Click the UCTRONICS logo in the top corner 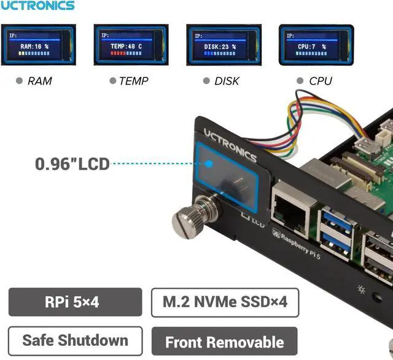coord(37,6)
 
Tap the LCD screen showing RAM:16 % coord(38,45)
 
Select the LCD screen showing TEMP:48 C coord(131,45)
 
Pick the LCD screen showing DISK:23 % coord(224,45)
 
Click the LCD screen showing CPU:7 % coord(316,45)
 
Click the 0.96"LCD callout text coord(72,164)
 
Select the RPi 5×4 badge coord(75,302)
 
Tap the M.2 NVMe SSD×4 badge coord(225,302)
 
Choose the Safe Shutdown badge coord(75,341)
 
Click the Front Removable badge coord(224,342)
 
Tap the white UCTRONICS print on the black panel coord(230,145)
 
